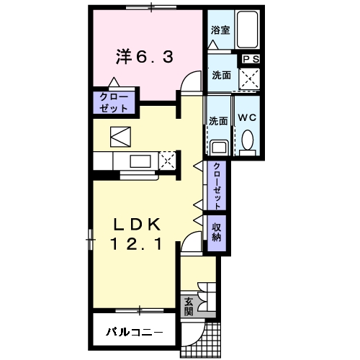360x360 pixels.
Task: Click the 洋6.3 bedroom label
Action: click(x=145, y=57)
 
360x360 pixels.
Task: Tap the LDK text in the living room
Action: click(x=137, y=225)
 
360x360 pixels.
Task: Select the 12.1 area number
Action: click(x=136, y=243)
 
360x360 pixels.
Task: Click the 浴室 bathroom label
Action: click(x=220, y=30)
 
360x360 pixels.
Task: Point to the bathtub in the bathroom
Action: click(x=247, y=30)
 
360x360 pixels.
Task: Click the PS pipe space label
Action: click(x=251, y=59)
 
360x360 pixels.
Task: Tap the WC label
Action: click(x=247, y=117)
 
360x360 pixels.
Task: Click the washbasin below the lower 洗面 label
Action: click(x=219, y=148)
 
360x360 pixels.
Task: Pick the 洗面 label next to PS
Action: click(x=221, y=76)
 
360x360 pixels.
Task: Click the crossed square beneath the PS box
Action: click(x=250, y=79)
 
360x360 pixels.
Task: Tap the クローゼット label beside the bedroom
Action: click(x=114, y=103)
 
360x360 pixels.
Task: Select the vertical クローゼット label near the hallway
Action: click(x=217, y=186)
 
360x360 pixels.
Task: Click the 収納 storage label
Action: click(x=217, y=233)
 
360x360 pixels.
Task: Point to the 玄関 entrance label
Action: click(x=189, y=307)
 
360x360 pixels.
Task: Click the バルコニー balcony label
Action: click(x=135, y=332)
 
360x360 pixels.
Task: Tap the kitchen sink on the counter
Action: click(x=140, y=161)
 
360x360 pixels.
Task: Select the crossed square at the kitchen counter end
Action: click(x=168, y=161)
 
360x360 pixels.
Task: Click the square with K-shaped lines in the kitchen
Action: click(x=120, y=137)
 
